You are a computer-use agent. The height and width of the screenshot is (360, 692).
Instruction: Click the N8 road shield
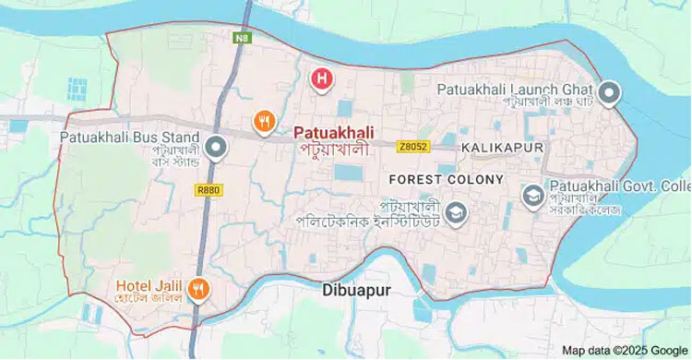[242, 39]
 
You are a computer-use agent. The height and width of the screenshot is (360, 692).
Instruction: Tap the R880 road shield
[208, 189]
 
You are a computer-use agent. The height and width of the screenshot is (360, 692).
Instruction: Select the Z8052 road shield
[413, 147]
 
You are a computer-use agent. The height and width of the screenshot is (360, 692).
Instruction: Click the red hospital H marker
[321, 79]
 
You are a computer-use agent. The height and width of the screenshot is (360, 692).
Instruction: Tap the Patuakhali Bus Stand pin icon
[216, 147]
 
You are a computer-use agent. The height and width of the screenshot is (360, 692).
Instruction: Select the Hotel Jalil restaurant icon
[197, 290]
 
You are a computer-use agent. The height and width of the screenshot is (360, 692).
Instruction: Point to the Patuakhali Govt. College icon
[532, 196]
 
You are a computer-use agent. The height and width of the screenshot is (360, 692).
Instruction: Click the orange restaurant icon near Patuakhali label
[264, 120]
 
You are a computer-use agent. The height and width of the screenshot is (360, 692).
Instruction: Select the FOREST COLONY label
[446, 178]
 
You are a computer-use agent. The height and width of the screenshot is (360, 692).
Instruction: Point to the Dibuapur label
[358, 289]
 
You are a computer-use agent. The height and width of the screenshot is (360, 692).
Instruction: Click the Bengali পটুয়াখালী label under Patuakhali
[333, 149]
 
